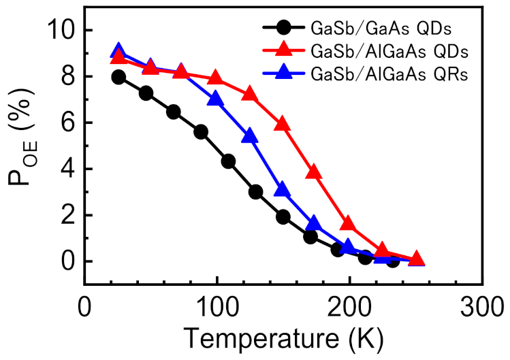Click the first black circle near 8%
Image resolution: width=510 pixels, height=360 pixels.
tap(118, 77)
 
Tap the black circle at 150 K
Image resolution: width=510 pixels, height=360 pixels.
tap(283, 216)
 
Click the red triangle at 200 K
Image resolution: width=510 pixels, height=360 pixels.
tap(347, 224)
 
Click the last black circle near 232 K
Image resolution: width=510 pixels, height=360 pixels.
tap(392, 260)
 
